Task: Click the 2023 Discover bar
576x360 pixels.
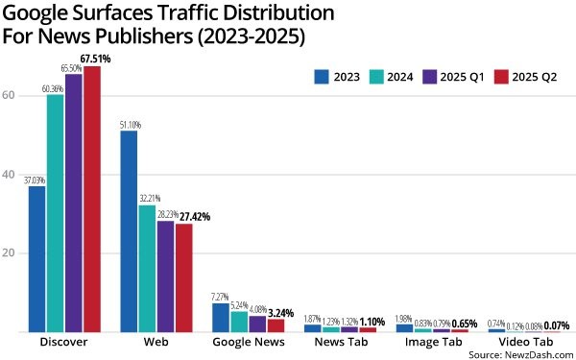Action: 37,259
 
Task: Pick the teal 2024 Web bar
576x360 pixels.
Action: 147,269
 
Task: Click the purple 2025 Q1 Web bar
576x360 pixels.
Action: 165,276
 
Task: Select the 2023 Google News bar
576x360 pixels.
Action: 220,318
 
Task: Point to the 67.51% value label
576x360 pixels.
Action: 96,59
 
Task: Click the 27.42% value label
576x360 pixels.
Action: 191,217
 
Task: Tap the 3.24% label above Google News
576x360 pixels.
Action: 283,312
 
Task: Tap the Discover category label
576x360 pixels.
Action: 64,343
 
